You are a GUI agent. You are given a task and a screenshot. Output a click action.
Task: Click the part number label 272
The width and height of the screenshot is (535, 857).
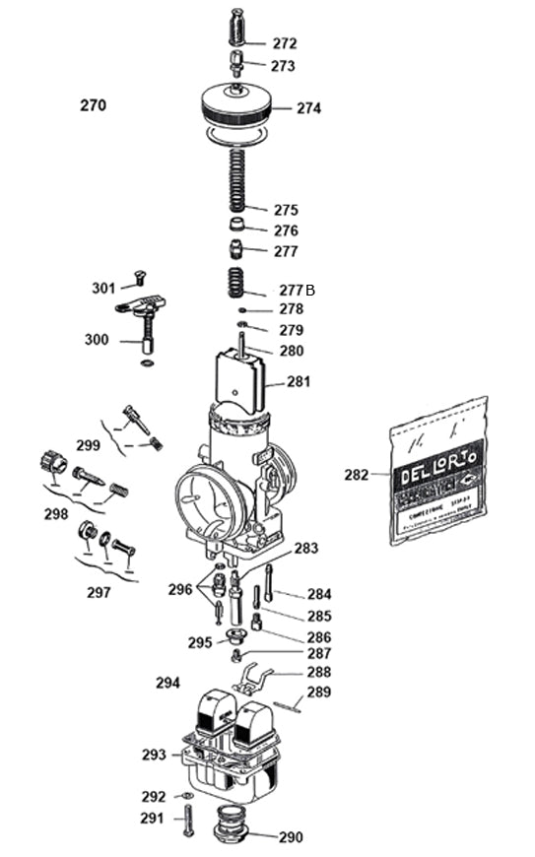pyautogui.click(x=284, y=43)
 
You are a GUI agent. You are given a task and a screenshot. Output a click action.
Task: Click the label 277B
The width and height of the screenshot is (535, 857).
pyautogui.click(x=297, y=291)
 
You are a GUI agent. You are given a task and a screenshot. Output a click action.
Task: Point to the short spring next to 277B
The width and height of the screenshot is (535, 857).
pyautogui.click(x=236, y=283)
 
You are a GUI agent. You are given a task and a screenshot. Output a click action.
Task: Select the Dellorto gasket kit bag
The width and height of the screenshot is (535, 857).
pyautogui.click(x=437, y=471)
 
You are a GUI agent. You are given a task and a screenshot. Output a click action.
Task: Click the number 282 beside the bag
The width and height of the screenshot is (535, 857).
pyautogui.click(x=356, y=475)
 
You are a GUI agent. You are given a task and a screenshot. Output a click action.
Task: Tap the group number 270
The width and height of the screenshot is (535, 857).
pyautogui.click(x=93, y=105)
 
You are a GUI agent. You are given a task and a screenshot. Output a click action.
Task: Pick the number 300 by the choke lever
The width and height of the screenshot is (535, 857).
pyautogui.click(x=97, y=341)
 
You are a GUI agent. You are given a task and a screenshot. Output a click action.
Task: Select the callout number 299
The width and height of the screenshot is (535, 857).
pyautogui.click(x=89, y=444)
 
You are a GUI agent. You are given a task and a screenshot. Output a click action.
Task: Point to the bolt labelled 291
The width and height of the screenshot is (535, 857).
pyautogui.click(x=185, y=817)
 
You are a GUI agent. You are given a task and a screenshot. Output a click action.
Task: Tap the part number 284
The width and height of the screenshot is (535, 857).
pyautogui.click(x=319, y=594)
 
